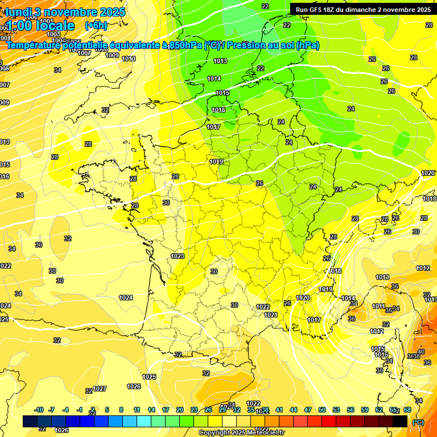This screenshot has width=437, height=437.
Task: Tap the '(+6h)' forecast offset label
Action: coord(96,26)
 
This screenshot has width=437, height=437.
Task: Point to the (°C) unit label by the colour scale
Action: coord(418,422)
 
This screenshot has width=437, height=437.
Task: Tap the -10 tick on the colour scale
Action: coord(39,410)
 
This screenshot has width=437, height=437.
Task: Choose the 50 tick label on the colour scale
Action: coord(322,410)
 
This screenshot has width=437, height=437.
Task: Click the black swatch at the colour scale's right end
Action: coord(400,421)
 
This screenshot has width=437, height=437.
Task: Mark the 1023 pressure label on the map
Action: coord(178,256)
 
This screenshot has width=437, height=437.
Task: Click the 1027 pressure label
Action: coord(100,389)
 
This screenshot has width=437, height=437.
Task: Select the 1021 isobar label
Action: coord(270,315)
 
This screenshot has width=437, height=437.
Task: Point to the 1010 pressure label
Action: coord(129,59)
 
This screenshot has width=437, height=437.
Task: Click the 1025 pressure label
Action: coord(149,377)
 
